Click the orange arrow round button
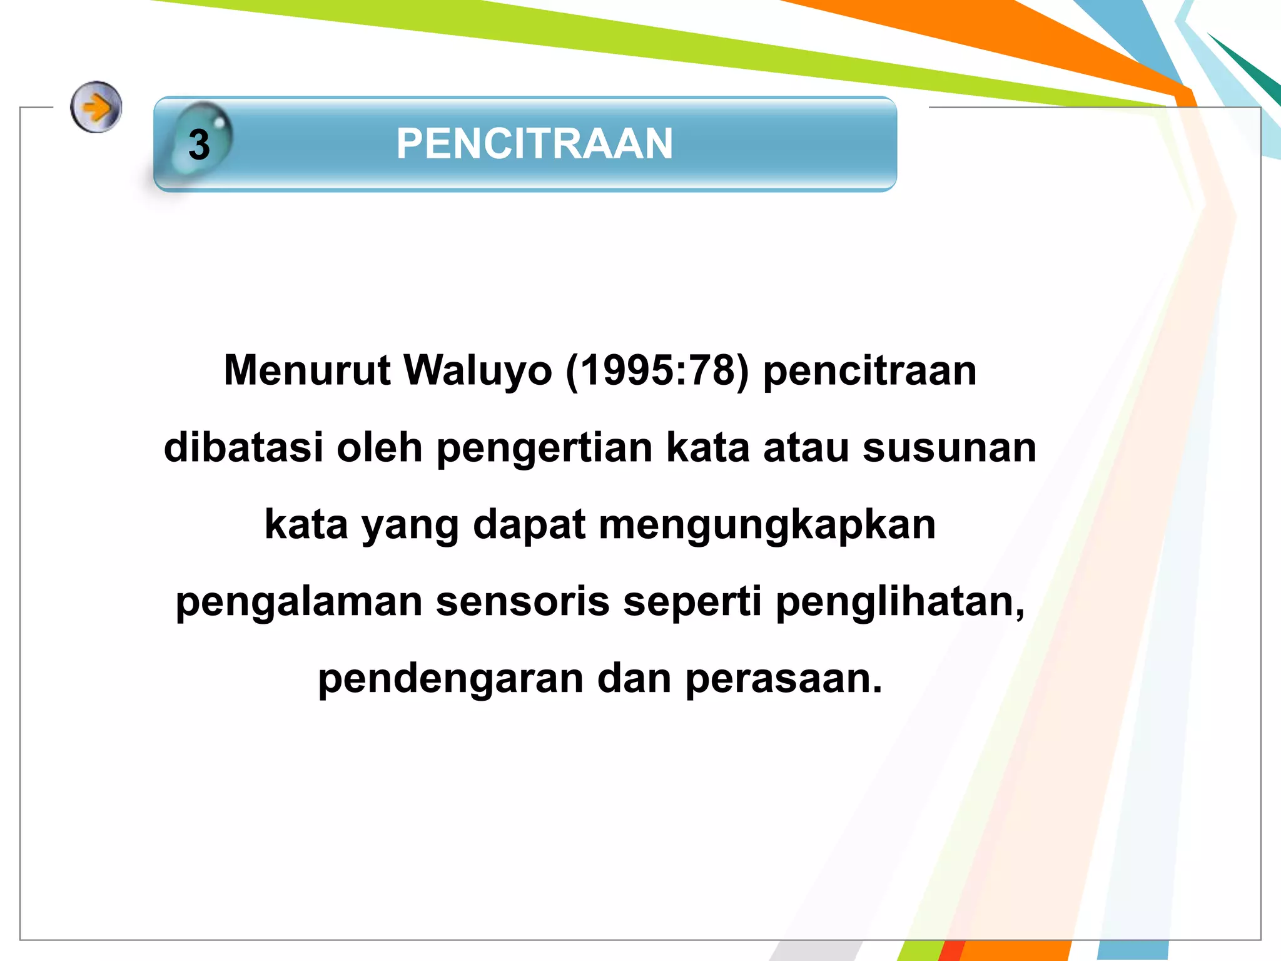[x=96, y=107]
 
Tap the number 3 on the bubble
[x=199, y=145]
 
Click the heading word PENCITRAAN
[x=534, y=144]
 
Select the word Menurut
[x=307, y=370]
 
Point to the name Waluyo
[x=478, y=370]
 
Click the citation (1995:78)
[x=657, y=370]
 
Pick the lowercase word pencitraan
[x=869, y=372]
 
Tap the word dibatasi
[x=243, y=447]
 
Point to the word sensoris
[x=522, y=601]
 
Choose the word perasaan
[x=783, y=679]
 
